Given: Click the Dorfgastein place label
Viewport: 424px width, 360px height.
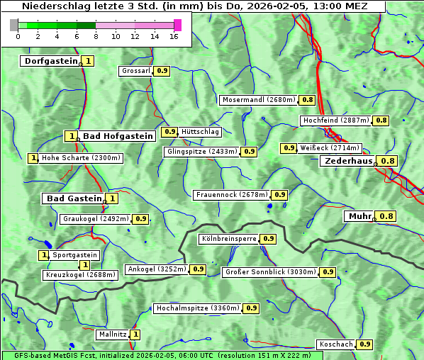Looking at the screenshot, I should point(50,61).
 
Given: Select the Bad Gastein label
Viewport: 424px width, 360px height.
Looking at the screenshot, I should point(74,198).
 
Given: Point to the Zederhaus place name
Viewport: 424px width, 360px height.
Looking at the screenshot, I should point(348,161).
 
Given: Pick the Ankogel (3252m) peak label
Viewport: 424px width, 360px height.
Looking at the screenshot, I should point(157,269).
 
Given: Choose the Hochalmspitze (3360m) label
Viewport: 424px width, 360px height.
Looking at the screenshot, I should point(198,308).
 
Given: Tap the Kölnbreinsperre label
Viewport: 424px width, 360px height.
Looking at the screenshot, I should point(228,239).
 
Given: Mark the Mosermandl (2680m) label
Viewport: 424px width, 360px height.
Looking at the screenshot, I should point(259,100).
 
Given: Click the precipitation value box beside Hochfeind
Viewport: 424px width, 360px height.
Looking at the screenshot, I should point(381,120).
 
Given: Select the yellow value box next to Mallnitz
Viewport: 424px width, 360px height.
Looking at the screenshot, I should point(135,334).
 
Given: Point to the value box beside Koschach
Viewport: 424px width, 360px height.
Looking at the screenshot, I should point(364,344).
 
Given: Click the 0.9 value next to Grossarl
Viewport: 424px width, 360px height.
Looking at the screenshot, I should point(162,71).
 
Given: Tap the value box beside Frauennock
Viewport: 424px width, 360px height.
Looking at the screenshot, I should point(280,194).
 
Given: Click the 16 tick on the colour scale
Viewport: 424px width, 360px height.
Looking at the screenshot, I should point(174,36).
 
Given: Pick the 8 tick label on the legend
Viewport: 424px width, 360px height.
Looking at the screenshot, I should point(96,36).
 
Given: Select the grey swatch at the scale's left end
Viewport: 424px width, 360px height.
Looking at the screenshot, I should point(14,25).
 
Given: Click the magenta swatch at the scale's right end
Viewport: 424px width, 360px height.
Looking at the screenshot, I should point(177,25).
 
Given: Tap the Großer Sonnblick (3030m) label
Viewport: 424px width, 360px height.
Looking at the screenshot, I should point(270,272).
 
